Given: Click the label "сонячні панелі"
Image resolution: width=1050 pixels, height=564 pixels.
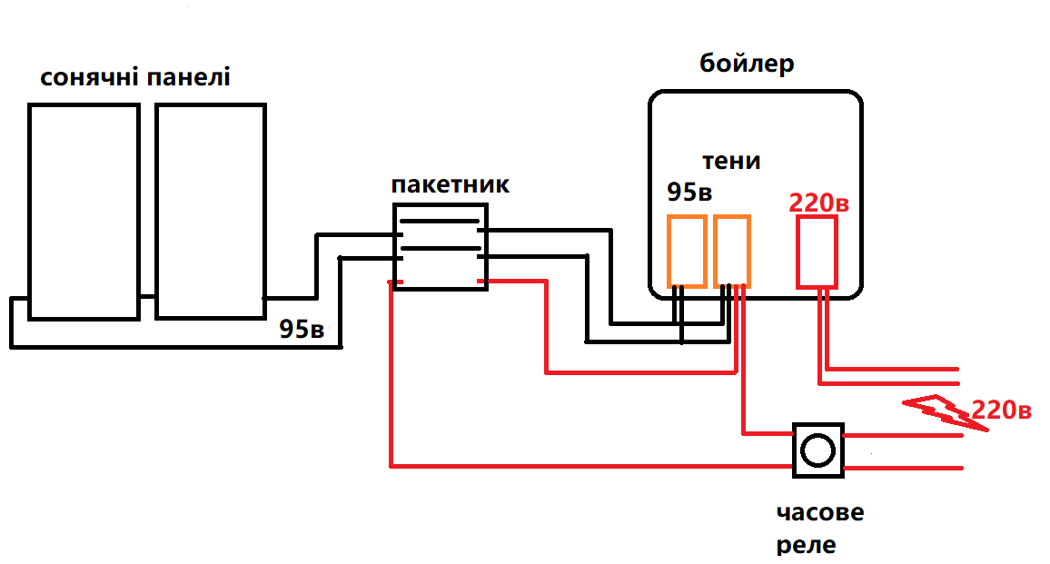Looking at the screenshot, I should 135,76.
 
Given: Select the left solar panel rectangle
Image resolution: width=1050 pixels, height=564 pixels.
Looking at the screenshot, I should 84,211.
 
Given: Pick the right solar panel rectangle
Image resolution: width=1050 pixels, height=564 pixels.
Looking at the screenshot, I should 210,211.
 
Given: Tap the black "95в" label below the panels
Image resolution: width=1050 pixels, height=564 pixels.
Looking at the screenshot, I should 302,329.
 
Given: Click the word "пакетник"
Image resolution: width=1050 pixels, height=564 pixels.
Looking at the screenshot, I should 451,184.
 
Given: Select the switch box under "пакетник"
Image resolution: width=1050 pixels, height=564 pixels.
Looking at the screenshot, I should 441,246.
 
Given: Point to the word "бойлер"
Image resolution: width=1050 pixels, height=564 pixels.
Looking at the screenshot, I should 748,64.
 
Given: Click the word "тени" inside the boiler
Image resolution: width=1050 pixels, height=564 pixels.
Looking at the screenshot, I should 731,161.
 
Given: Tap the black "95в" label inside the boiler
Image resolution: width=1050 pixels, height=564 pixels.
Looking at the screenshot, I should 689,193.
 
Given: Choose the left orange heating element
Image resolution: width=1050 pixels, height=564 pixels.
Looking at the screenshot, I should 687,252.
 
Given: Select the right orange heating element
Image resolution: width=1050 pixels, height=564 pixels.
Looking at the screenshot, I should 731,252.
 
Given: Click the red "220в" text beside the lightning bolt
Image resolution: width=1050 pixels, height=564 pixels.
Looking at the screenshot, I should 1001,411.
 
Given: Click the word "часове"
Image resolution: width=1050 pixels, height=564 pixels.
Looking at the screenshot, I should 819,512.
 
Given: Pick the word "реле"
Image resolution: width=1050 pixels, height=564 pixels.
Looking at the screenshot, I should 807,545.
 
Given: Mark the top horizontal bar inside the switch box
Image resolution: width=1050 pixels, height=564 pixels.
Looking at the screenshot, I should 441,221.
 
